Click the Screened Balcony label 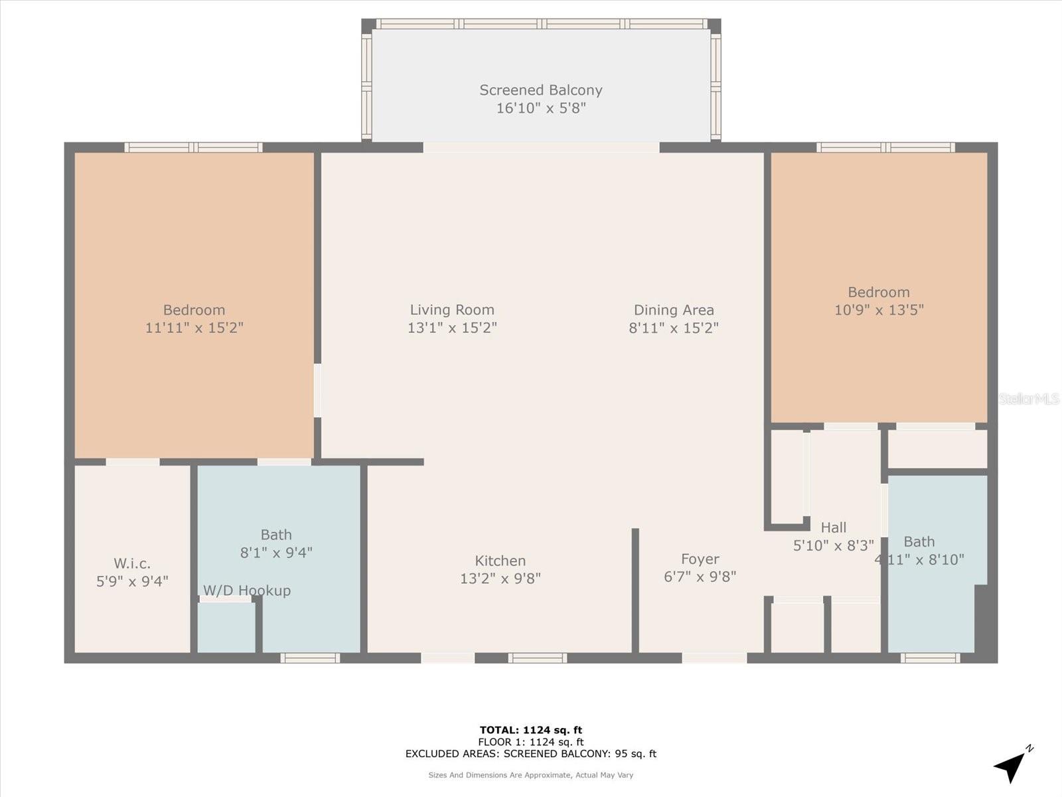click(x=541, y=90)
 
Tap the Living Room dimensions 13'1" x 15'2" click(x=452, y=327)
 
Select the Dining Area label click(x=674, y=310)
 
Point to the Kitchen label click(x=500, y=561)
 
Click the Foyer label click(x=700, y=559)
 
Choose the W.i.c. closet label click(x=132, y=564)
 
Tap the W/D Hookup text click(x=247, y=590)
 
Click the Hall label click(x=834, y=527)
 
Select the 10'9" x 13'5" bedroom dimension click(x=879, y=310)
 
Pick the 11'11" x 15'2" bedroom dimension click(x=194, y=327)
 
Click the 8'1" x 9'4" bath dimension click(x=276, y=552)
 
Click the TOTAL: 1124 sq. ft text click(x=531, y=730)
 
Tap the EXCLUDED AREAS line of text click(x=531, y=754)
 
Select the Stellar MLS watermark click(x=1028, y=398)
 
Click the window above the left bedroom click(x=193, y=147)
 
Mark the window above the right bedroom click(x=885, y=147)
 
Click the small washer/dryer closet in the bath click(x=226, y=627)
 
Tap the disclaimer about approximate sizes click(x=531, y=775)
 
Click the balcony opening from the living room click(x=541, y=147)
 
